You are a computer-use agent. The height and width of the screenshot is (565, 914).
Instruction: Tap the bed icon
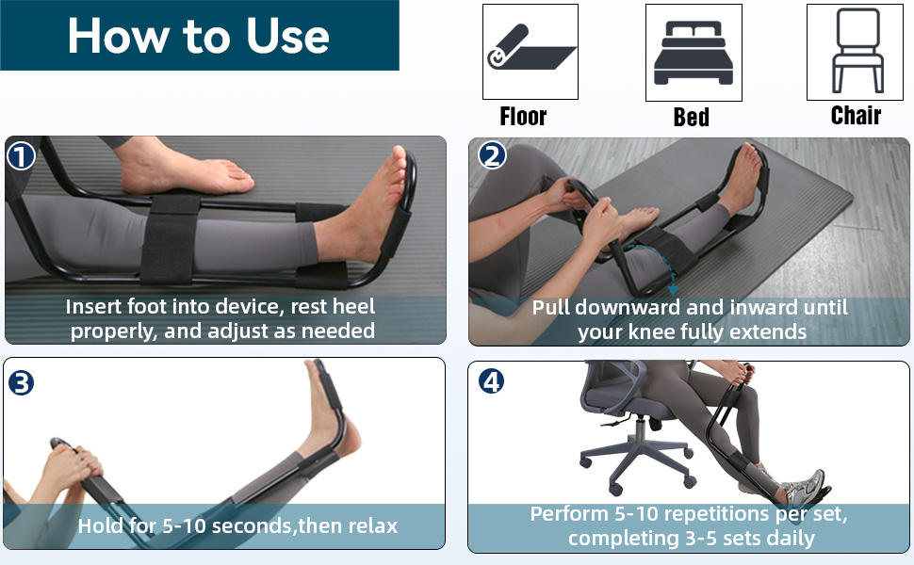(694, 53)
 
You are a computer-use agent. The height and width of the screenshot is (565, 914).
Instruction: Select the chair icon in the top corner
(857, 50)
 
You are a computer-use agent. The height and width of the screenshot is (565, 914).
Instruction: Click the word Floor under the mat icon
(523, 117)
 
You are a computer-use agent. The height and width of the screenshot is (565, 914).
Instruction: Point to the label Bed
(692, 117)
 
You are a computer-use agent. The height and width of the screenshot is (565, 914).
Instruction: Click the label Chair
(856, 115)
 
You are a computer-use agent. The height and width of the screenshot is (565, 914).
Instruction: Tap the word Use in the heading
(287, 36)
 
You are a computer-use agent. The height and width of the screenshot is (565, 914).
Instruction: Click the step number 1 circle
(21, 156)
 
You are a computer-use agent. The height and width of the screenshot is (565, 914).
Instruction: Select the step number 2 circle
(492, 155)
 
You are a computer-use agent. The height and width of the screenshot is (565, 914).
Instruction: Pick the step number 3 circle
(21, 382)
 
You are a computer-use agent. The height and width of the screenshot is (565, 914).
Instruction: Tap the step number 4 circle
(491, 381)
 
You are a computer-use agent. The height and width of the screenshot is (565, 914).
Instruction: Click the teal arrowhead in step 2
(674, 290)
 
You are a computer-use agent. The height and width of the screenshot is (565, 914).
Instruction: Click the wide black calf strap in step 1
(169, 240)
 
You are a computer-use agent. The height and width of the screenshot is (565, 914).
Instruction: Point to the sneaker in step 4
(806, 487)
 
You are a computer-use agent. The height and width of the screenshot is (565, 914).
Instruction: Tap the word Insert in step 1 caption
(94, 306)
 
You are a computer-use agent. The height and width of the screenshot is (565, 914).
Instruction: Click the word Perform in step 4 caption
(569, 514)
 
